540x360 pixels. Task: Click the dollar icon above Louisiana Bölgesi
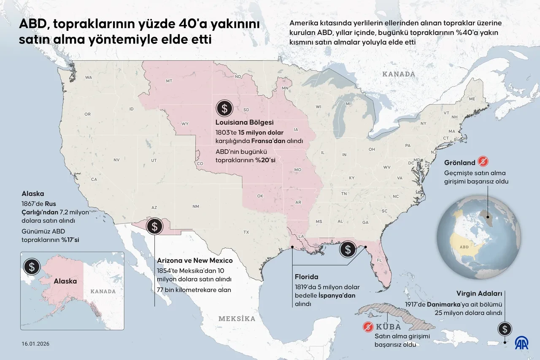point(224,108)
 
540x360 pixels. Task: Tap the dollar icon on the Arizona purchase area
point(154,226)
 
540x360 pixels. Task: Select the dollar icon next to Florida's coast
point(348,249)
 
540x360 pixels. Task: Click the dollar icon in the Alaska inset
point(32,266)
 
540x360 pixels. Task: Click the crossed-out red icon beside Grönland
point(482,162)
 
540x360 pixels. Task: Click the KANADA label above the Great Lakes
point(398,74)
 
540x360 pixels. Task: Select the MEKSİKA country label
point(237,319)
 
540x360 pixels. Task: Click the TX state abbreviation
point(246,232)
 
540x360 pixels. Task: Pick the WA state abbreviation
point(89,77)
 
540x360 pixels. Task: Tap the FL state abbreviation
point(378,260)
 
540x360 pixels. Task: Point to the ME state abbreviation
point(472,99)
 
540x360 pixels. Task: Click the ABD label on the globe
point(464,247)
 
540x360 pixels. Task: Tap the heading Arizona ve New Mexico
point(194,260)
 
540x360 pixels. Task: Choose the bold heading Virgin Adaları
point(479,293)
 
